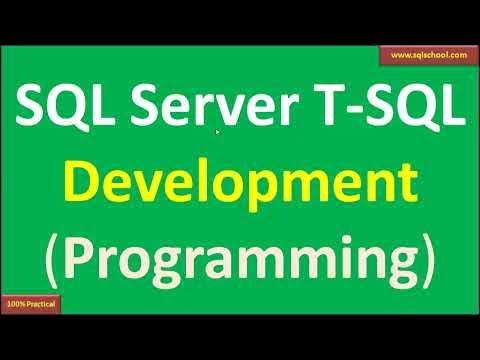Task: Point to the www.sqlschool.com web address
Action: [426, 57]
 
